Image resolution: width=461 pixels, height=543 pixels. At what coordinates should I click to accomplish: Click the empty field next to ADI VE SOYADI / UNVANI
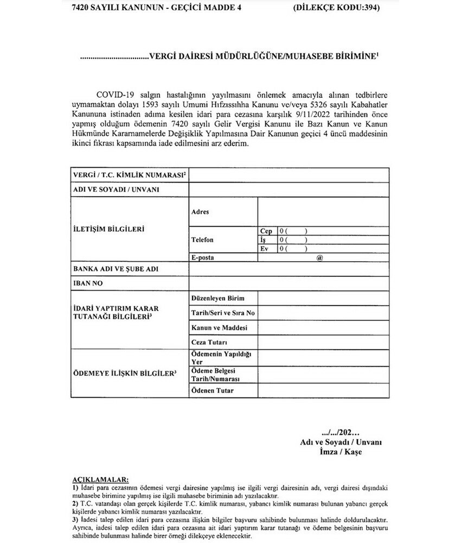[288, 190]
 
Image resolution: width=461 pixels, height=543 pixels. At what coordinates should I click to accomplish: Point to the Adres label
[200, 212]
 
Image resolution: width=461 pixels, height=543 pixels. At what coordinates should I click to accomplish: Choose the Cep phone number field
[333, 231]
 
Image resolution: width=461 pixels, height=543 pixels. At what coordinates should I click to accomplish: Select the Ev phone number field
[333, 249]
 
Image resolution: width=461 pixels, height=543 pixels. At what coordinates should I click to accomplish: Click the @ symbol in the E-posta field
[319, 258]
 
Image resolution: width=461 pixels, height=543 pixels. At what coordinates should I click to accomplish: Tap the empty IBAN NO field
[288, 283]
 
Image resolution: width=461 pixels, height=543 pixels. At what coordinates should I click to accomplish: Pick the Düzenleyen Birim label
[218, 299]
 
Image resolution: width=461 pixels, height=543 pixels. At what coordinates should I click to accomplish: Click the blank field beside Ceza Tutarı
[323, 343]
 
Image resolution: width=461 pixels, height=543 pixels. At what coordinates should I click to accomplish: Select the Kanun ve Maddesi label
[219, 329]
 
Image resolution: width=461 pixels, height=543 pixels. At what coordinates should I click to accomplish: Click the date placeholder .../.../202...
[341, 433]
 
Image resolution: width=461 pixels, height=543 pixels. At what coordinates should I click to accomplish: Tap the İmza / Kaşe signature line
[341, 451]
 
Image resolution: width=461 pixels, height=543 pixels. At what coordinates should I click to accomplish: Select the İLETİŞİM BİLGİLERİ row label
[108, 229]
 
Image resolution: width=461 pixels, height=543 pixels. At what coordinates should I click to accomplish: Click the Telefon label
[203, 239]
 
